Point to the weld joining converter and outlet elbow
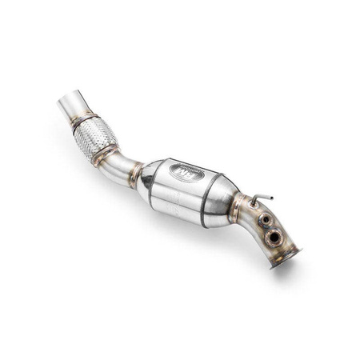tap(237, 210)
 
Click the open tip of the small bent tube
tap(271, 197)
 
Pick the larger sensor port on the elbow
tap(274, 235)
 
